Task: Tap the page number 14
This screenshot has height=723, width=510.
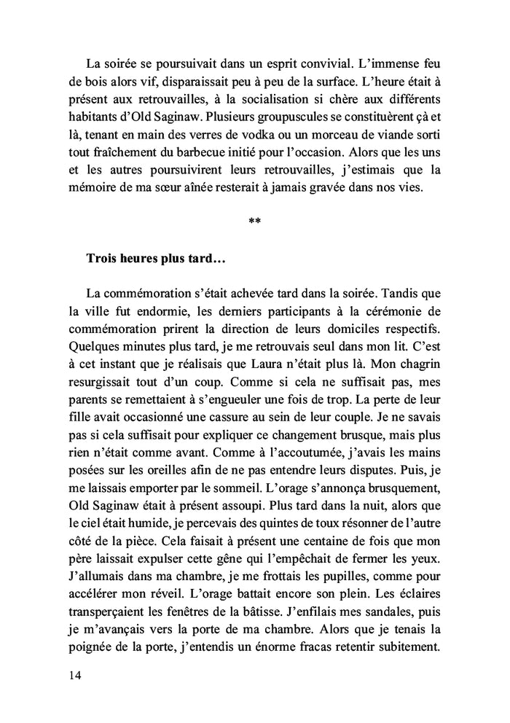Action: [x=71, y=675]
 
